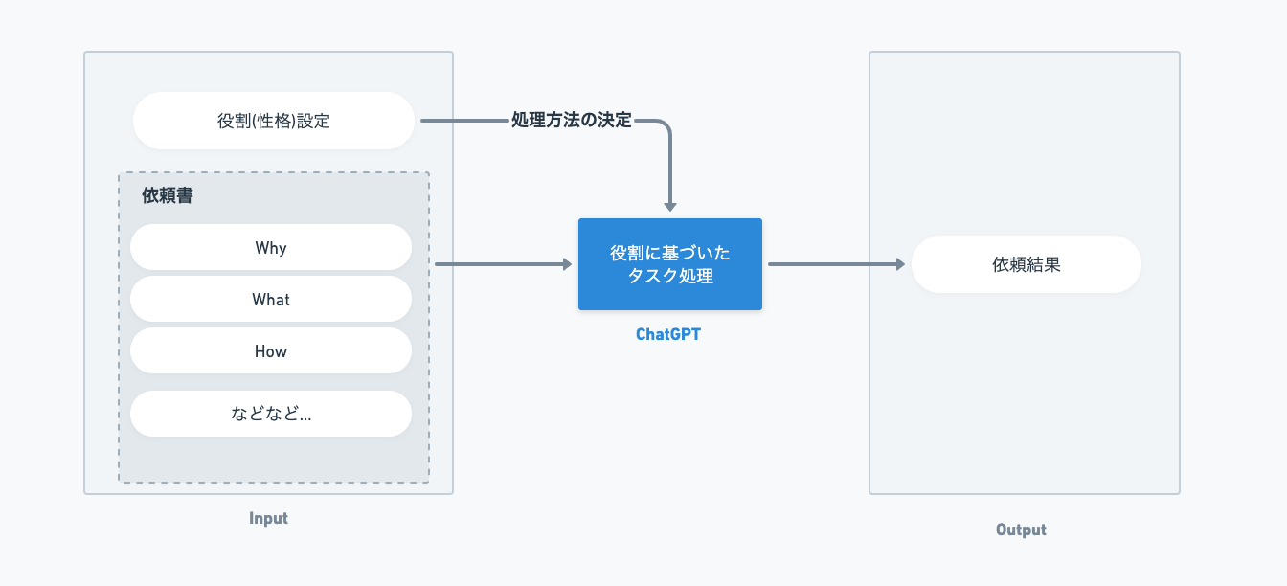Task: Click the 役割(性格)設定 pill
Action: pyautogui.click(x=274, y=121)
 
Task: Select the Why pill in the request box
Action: pyautogui.click(x=271, y=247)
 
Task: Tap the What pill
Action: pyautogui.click(x=271, y=299)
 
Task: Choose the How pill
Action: pyautogui.click(x=271, y=350)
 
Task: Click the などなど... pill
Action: pyautogui.click(x=271, y=414)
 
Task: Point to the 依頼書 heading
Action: pyautogui.click(x=168, y=196)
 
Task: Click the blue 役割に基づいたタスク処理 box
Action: pyautogui.click(x=670, y=264)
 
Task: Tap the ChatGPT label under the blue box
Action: pyautogui.click(x=668, y=334)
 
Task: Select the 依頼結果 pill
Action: pyautogui.click(x=1027, y=264)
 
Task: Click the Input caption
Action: pyautogui.click(x=268, y=518)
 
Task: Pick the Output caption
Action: pyautogui.click(x=1021, y=530)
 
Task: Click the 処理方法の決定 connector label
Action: pyautogui.click(x=571, y=120)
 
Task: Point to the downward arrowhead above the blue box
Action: pyautogui.click(x=670, y=207)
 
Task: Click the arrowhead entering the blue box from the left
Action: pyautogui.click(x=568, y=264)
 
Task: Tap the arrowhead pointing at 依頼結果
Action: pyautogui.click(x=900, y=264)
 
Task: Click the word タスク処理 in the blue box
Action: pyautogui.click(x=670, y=277)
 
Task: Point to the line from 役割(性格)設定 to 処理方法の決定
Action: pyautogui.click(x=464, y=121)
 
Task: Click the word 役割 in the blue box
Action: pyautogui.click(x=627, y=253)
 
